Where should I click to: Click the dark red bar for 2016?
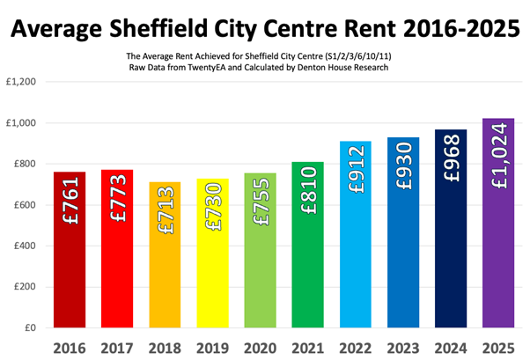coord(70,264)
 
